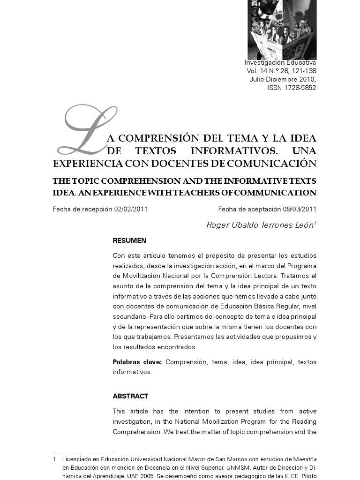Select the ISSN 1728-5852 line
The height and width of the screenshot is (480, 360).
(x=292, y=88)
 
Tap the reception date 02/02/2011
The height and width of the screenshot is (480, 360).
(x=131, y=209)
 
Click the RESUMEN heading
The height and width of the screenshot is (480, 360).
(x=129, y=240)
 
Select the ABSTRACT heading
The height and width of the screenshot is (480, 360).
(x=130, y=396)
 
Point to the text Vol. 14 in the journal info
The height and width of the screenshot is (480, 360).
(x=255, y=71)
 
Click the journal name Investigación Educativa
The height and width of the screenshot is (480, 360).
(x=280, y=62)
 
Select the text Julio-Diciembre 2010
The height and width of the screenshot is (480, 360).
(x=283, y=79)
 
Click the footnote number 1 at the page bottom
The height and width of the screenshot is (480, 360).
(x=55, y=459)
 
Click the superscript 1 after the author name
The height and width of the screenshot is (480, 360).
(x=315, y=224)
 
